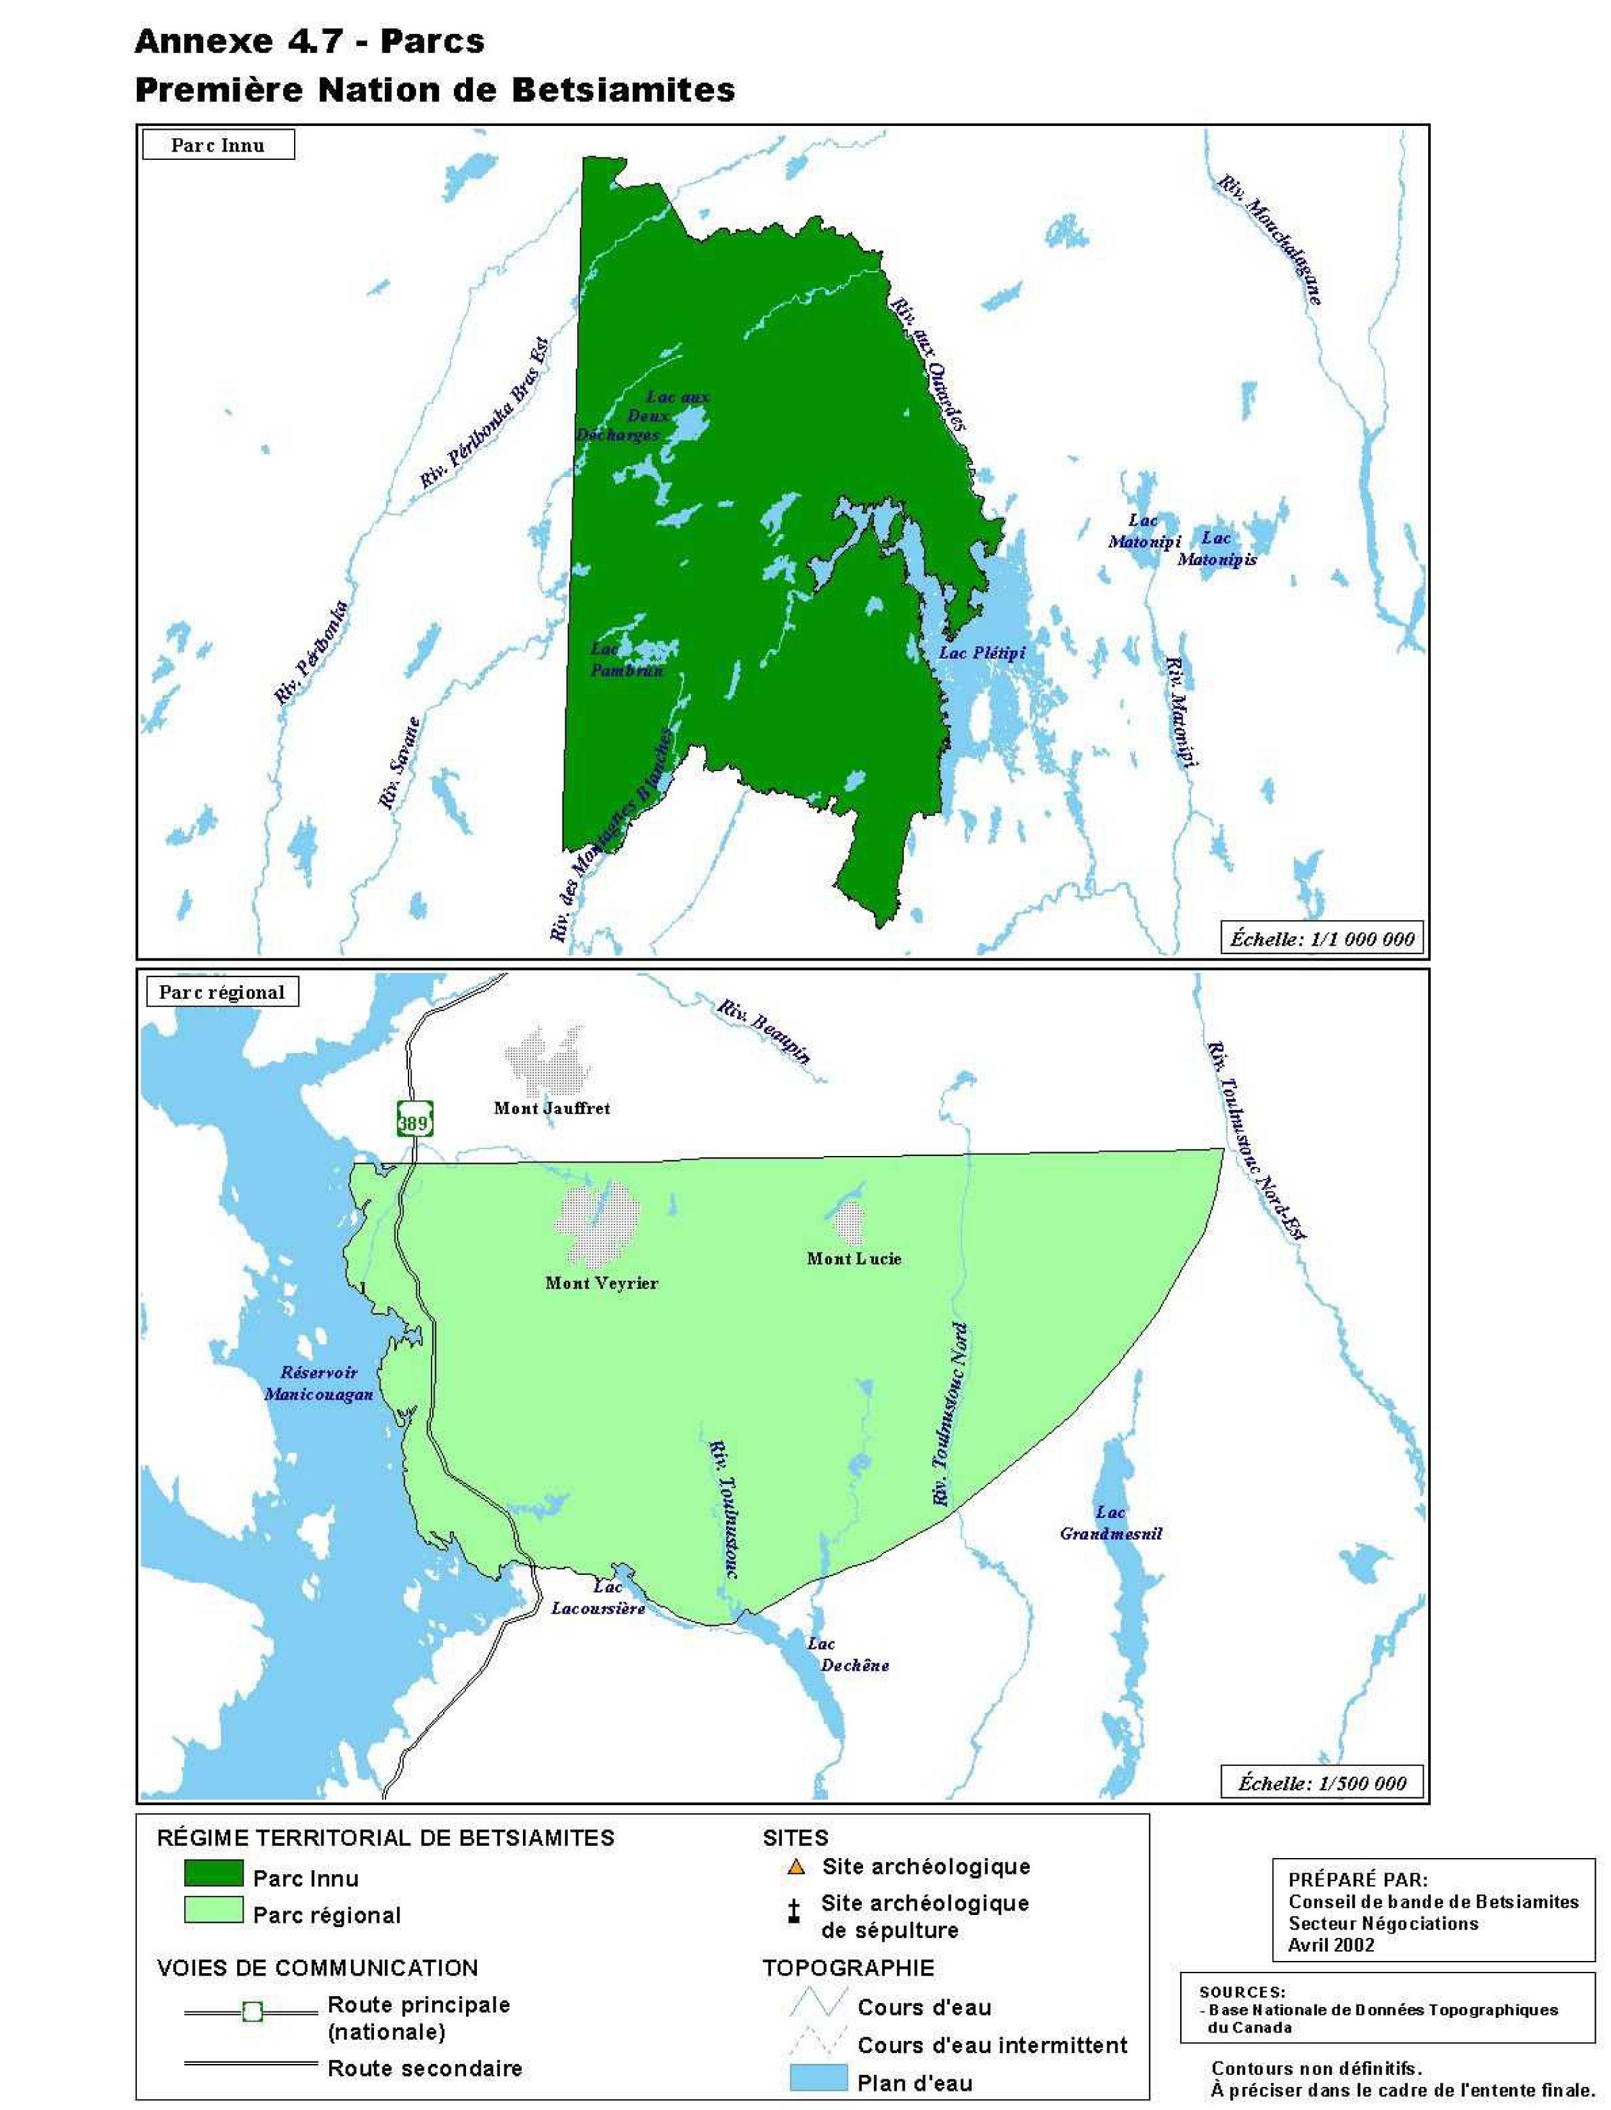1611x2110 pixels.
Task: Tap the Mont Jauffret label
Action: pos(551,1107)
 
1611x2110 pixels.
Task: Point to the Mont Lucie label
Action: pos(853,1258)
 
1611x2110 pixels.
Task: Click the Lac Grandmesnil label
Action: pos(1110,1523)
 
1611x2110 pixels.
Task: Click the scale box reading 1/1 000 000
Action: pos(1321,939)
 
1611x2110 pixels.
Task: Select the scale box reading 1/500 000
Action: pos(1321,1783)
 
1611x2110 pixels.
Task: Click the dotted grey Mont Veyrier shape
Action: pos(596,1223)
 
